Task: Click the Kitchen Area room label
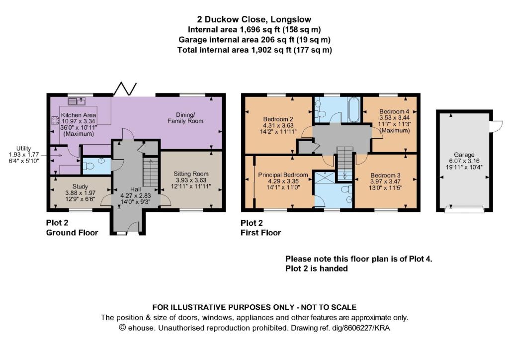pos(78,115)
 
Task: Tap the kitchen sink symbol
pos(76,101)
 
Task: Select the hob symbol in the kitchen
pos(55,121)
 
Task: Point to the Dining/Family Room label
pos(185,118)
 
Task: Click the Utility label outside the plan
pos(24,149)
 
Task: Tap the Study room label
pos(80,186)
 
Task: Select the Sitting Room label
pos(191,174)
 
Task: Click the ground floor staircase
pos(151,173)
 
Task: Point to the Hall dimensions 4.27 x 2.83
pos(136,196)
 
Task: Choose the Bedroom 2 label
pos(278,119)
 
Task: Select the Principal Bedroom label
pos(283,175)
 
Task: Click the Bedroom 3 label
pos(386,176)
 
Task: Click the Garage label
pos(464,155)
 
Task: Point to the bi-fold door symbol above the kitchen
pos(125,89)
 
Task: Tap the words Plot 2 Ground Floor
pos(72,228)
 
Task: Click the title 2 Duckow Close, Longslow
pos(254,19)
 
